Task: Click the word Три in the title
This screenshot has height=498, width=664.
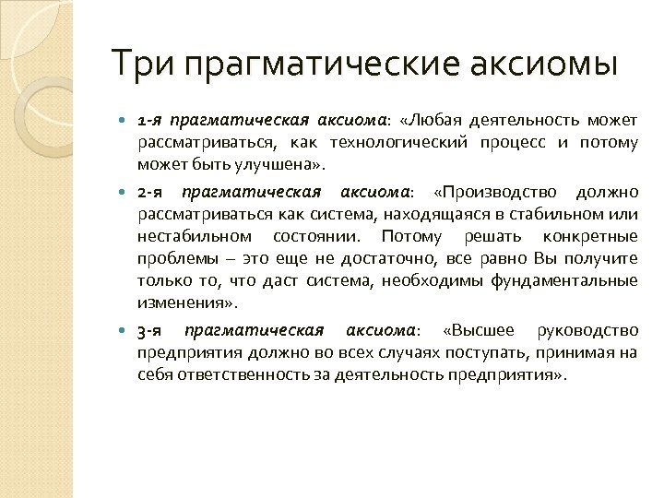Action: pos(143,64)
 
